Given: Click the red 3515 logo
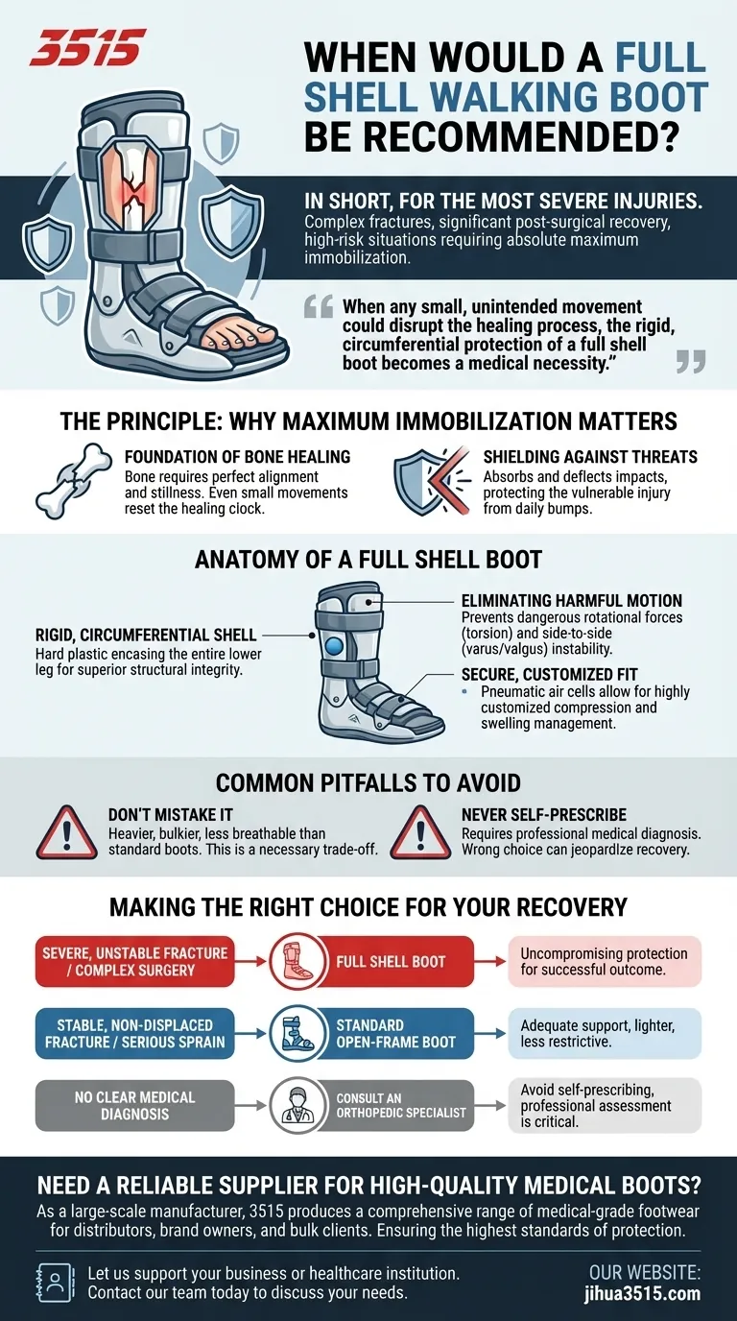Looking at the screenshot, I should pos(87,47).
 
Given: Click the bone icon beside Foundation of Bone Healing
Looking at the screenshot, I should pos(71,481).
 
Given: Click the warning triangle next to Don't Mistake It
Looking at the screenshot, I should pos(65,831).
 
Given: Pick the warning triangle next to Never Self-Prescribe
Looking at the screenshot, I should pos(419,831).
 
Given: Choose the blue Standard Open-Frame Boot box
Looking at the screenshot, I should pos(395,1033).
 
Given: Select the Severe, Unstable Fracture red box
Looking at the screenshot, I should pos(134,962).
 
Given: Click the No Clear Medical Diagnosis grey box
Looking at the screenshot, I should pos(134,1105).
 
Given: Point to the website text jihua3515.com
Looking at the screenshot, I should pos(646,1293).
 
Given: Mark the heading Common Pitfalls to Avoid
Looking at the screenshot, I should pos(368,781).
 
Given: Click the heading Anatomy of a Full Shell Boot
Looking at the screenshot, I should pos(368,559).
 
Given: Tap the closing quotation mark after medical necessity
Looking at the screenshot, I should pos(690,361).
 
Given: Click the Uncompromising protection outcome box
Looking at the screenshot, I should pos(605,962).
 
